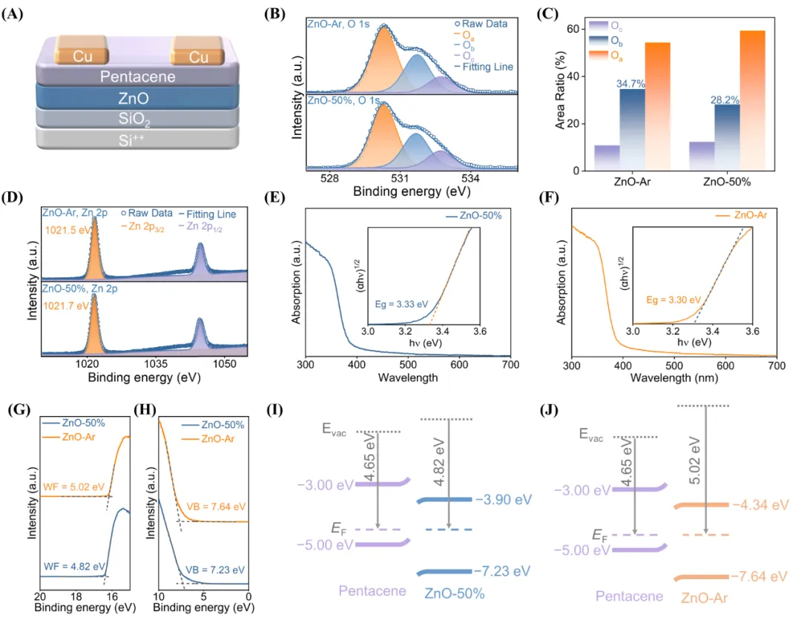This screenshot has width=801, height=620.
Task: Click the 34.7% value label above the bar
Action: point(631,84)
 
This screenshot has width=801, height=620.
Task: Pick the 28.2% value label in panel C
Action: point(727,99)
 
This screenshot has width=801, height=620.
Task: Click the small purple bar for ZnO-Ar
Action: point(607,157)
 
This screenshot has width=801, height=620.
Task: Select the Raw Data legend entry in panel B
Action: point(482,24)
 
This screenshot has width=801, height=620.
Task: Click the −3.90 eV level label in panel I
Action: point(505,499)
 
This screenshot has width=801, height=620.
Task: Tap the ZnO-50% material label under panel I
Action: point(455,593)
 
